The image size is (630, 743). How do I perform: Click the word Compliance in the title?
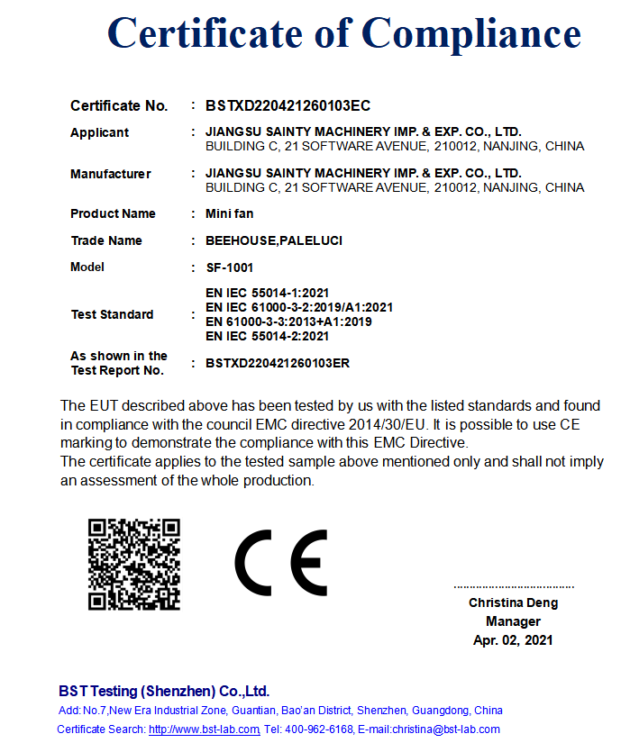pos(471,34)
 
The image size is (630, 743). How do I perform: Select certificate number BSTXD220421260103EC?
pos(288,106)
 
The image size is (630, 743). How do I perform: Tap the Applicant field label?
pos(99,132)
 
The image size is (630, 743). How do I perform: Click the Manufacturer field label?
pos(110,174)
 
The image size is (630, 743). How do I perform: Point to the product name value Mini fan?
pos(230,214)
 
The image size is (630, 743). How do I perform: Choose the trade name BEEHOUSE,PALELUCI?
pos(274,241)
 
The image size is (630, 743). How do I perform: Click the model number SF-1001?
pos(230,267)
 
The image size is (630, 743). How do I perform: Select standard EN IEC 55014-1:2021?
pos(268,293)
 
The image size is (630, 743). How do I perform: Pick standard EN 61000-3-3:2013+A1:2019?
pos(288,322)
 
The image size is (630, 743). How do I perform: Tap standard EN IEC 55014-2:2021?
pos(268,336)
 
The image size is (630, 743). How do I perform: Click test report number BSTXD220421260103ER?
pos(278,364)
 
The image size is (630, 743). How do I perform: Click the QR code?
pos(134,565)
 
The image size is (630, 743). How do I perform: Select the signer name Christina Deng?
pos(513,603)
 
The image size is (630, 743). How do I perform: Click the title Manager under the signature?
pos(513,621)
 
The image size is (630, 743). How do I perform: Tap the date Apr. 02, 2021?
pos(513,640)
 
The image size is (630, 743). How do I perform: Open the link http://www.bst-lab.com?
pos(204,729)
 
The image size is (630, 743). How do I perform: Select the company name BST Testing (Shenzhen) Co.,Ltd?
pos(164,692)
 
